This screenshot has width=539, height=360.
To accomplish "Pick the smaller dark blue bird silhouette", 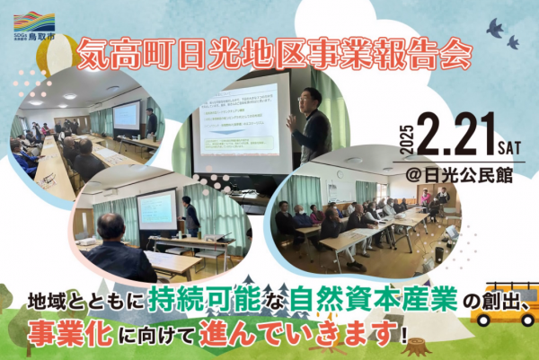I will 513,41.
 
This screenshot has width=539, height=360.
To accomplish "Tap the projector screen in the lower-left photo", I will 156,207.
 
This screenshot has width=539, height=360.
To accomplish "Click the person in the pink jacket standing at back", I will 425,197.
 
